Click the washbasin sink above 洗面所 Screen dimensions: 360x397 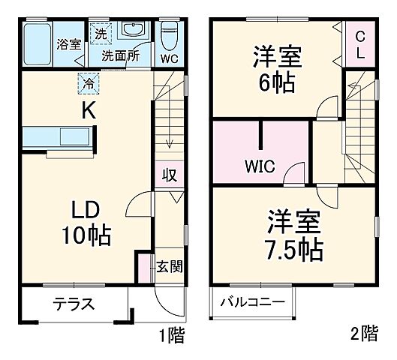(x=135, y=33)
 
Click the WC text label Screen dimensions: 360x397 (x=169, y=57)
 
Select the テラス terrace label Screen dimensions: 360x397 (x=73, y=304)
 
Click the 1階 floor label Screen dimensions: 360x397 (x=173, y=334)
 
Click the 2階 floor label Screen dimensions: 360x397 (x=365, y=334)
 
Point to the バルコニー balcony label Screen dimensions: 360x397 (x=252, y=303)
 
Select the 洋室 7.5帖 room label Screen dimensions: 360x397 (x=294, y=232)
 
